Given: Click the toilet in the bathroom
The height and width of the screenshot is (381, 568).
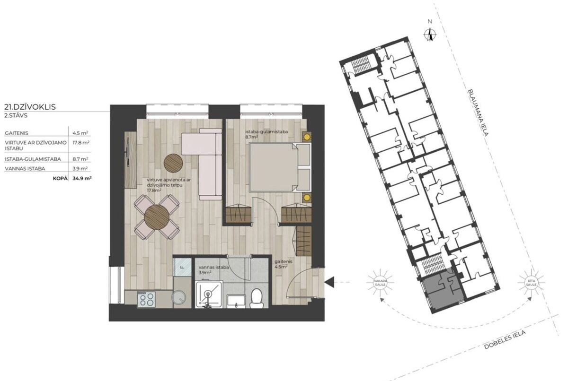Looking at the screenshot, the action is [x=257, y=298].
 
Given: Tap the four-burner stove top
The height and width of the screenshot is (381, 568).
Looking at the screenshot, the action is [x=146, y=299].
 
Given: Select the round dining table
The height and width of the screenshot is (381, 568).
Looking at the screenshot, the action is [x=157, y=217].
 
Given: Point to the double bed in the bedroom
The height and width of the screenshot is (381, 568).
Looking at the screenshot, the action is [x=280, y=167].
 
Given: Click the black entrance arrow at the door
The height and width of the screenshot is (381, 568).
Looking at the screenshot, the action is [x=329, y=282].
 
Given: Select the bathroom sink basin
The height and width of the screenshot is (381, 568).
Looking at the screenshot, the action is [x=236, y=301].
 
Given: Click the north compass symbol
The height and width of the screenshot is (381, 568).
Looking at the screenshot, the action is [x=430, y=35].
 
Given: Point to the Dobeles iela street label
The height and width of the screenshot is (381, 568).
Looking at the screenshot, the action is [x=505, y=340].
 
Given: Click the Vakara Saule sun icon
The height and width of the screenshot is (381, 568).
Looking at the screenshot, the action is [x=380, y=283].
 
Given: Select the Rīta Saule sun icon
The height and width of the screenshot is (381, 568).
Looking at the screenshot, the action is [x=531, y=282].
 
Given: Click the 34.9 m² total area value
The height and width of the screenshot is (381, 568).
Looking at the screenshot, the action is [x=82, y=178].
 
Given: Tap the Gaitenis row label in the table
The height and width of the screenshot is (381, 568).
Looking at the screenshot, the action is [x=17, y=133].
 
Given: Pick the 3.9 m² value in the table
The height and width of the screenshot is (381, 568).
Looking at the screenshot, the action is [x=80, y=169].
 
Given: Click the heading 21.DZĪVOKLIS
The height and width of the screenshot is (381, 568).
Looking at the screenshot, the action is [x=30, y=107].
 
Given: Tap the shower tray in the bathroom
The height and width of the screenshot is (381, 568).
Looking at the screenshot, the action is [x=209, y=294].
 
